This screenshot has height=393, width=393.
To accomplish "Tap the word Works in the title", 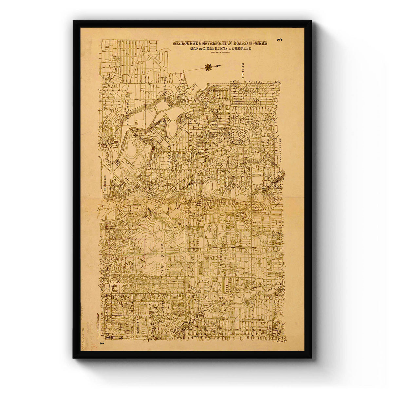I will pos(258,43).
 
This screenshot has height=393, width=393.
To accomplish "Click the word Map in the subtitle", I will pos(194,48).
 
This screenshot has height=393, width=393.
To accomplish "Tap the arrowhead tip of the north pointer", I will pos(219,66).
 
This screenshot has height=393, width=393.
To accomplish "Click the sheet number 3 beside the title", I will pos(279,40).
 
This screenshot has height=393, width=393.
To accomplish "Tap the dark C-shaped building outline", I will pos(115,288).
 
